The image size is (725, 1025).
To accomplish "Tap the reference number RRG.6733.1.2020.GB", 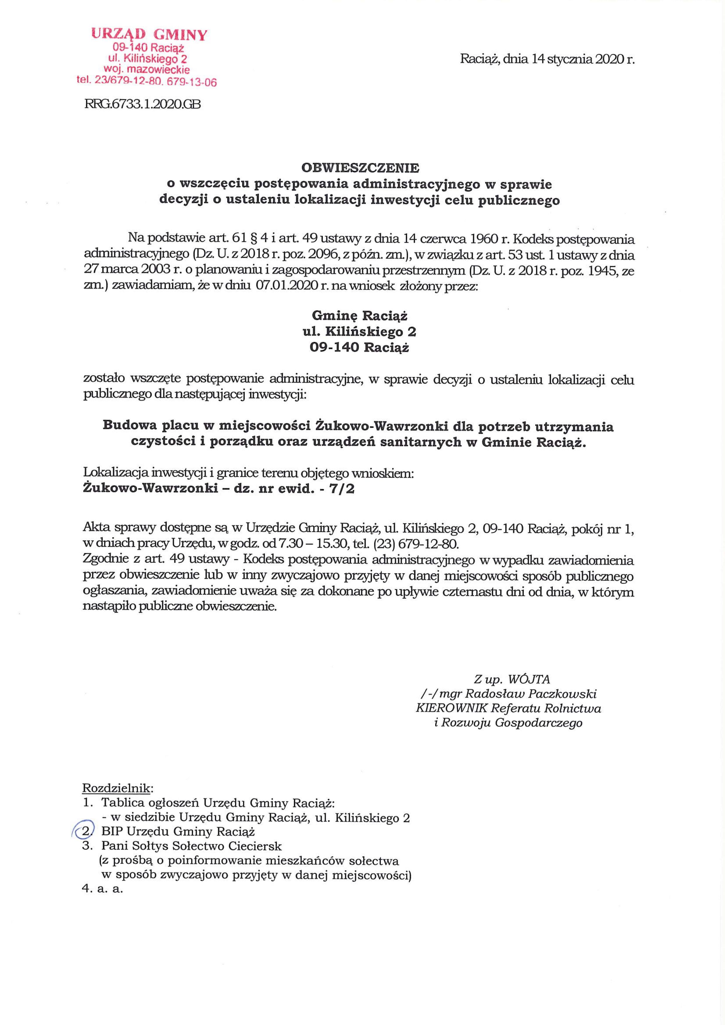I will coord(142,105).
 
